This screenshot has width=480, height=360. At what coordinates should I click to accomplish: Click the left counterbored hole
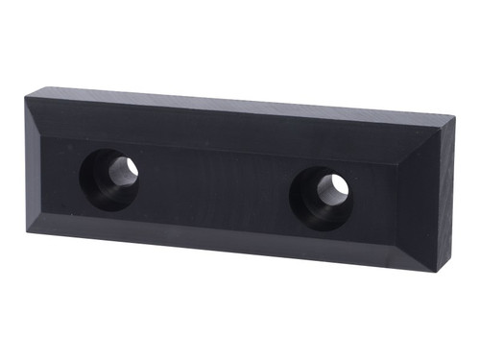tap(108, 179)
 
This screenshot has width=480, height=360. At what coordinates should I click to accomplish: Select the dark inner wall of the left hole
tap(96, 182)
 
